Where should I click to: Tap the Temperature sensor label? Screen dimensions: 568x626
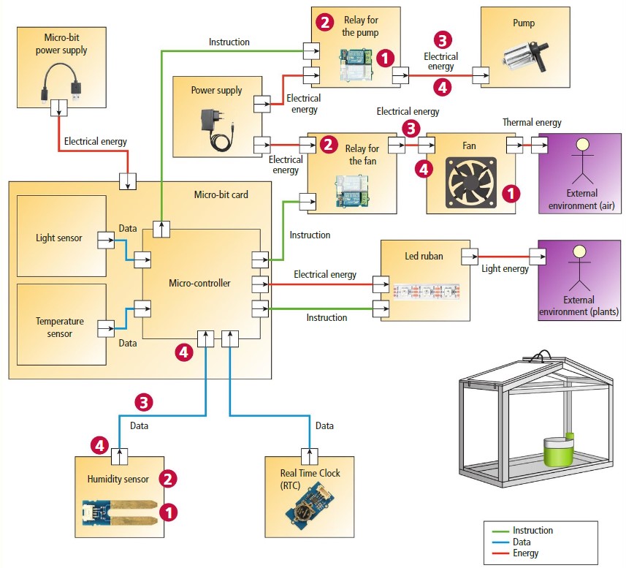point(59,327)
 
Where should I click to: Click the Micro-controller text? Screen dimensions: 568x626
point(199,284)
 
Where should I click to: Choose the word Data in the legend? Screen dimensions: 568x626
point(522,542)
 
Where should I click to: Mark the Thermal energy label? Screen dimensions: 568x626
point(531,122)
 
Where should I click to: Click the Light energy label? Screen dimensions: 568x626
point(505,269)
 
